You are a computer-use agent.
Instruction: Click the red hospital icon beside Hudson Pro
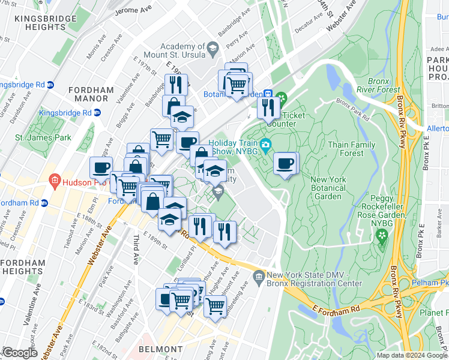55,179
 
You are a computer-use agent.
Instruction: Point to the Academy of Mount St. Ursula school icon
212,47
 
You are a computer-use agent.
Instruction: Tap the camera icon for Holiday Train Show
265,144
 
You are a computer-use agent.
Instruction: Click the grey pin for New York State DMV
259,275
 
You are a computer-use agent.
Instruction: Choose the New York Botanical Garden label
328,188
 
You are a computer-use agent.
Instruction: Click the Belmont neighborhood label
160,349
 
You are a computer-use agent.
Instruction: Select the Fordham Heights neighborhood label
23,267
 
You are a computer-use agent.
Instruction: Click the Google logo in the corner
19,353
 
